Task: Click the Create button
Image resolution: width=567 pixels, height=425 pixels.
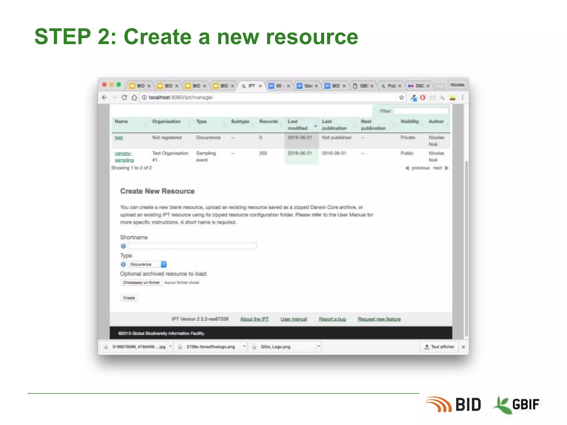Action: [129, 298]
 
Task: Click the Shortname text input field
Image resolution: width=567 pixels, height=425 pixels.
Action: [192, 246]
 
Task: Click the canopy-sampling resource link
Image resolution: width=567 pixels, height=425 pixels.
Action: [124, 157]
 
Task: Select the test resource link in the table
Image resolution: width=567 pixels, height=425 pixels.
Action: [119, 138]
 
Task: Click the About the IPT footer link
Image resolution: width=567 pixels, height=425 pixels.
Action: [254, 319]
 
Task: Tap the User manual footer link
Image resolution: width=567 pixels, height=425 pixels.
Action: [294, 319]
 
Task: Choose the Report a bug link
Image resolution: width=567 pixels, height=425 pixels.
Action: [332, 319]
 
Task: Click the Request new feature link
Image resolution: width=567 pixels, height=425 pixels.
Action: [379, 319]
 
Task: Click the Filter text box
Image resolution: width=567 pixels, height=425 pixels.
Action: [421, 111]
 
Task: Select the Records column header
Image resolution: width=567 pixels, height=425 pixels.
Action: [268, 121]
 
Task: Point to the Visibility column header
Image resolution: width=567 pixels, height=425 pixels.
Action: [409, 121]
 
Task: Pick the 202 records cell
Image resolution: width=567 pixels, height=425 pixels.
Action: [263, 153]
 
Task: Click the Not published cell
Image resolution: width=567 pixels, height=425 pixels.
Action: [336, 138]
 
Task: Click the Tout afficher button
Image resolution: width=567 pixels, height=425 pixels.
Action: [439, 347]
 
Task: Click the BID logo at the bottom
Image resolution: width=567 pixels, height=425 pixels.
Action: [454, 405]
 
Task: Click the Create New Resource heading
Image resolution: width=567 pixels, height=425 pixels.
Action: [157, 191]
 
